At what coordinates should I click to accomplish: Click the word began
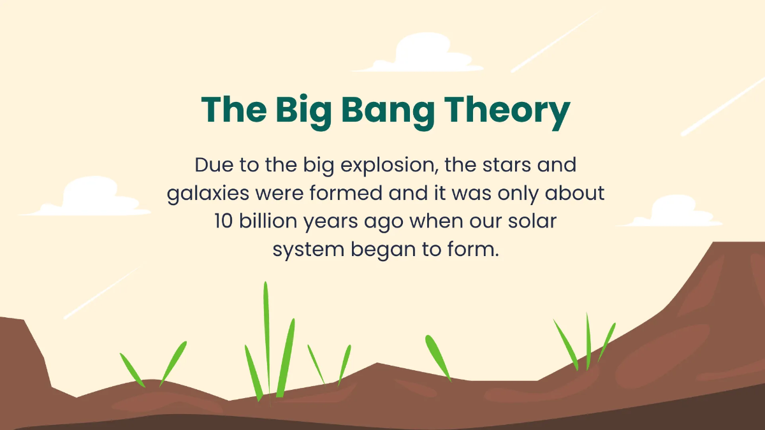381,250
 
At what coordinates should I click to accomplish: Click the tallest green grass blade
266,338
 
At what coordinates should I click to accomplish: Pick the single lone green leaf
437,357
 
